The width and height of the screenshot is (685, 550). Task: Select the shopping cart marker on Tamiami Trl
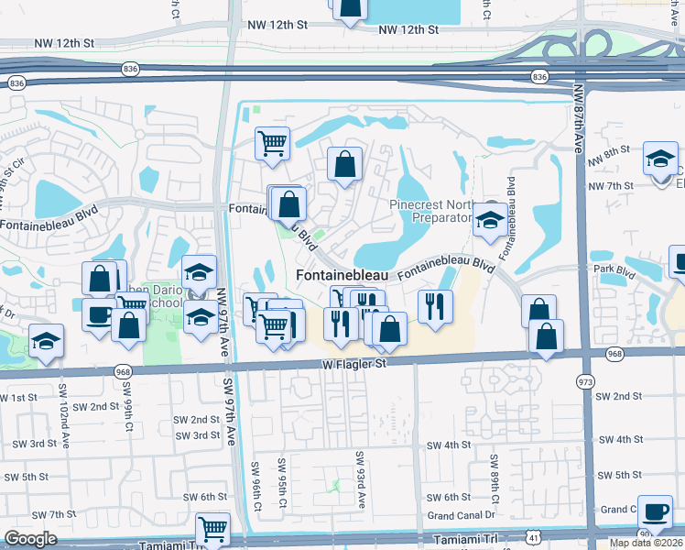click(x=212, y=529)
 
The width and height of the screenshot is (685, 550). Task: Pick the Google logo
click(x=30, y=539)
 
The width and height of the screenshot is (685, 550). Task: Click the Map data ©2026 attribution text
click(x=646, y=543)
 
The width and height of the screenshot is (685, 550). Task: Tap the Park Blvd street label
click(x=614, y=269)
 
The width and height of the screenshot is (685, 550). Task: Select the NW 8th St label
click(x=610, y=150)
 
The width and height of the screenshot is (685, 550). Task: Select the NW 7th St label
click(x=611, y=186)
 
